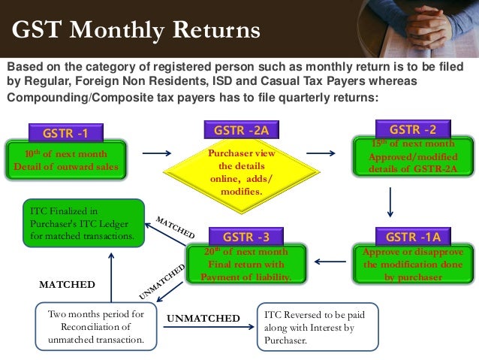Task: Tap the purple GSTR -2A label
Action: coord(241,130)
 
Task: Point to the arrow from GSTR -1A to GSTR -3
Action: coord(329,262)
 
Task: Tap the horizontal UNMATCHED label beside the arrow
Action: coord(203,319)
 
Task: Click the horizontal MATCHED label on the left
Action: coord(67,285)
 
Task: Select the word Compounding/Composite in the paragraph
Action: coord(68,98)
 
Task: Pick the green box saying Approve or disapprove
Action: coord(413,265)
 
